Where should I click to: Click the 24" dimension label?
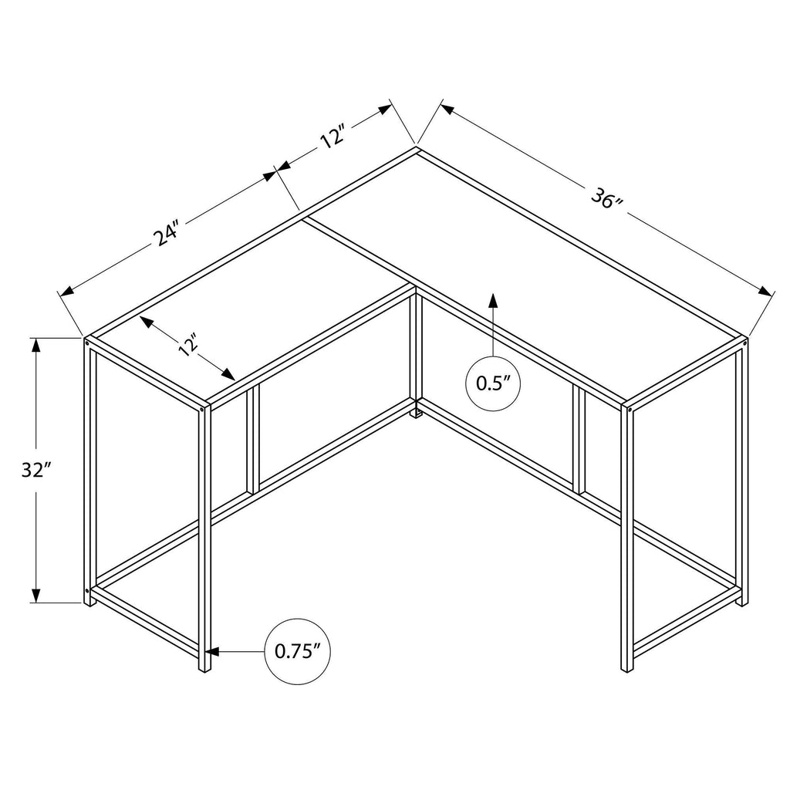click(x=167, y=232)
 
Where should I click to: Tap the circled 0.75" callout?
click(x=298, y=651)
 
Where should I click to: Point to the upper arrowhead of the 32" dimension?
click(x=36, y=346)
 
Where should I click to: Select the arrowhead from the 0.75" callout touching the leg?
click(x=214, y=651)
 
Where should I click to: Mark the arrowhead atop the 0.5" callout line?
click(x=493, y=301)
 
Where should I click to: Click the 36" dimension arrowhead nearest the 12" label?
click(x=448, y=108)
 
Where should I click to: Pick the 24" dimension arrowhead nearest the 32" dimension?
click(x=66, y=291)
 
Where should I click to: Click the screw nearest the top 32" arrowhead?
click(x=87, y=343)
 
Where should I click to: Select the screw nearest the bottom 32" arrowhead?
click(x=87, y=590)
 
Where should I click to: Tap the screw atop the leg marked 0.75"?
click(x=203, y=410)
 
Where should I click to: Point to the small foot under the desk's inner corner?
click(x=416, y=414)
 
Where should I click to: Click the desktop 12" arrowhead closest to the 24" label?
click(x=147, y=322)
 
